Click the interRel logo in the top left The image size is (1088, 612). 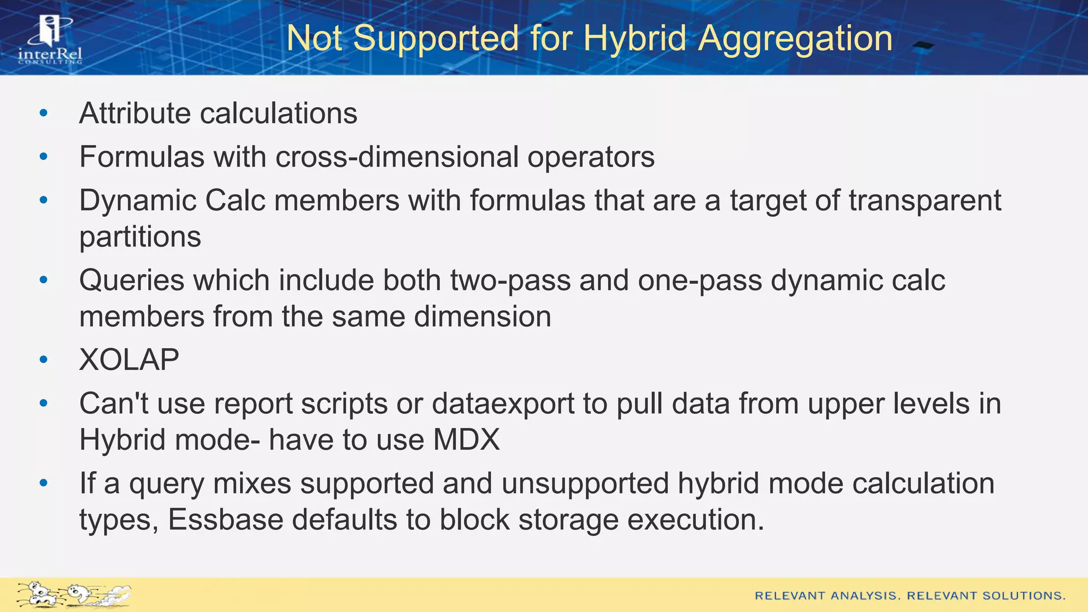[x=50, y=40]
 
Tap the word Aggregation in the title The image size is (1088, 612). [x=795, y=38]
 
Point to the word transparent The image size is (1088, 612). [x=924, y=201]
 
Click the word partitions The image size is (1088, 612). [x=140, y=237]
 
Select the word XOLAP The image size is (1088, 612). [x=129, y=360]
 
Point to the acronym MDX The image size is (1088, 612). [x=466, y=440]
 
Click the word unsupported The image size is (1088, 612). [x=585, y=483]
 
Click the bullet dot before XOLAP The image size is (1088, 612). [x=44, y=360]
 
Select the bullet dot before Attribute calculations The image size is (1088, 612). [x=44, y=113]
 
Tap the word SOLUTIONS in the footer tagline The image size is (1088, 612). [x=1024, y=596]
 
